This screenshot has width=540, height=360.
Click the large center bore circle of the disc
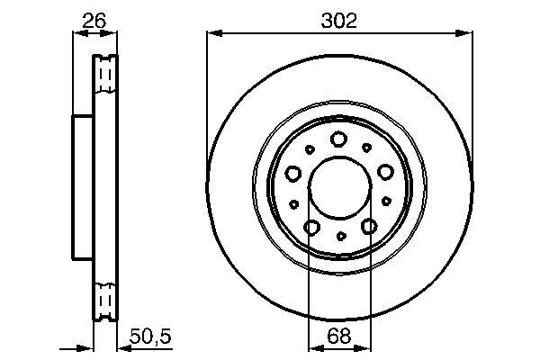coord(339,191)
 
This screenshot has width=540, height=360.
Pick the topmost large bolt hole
coord(339,139)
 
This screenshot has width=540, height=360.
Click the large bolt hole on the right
coord(386,172)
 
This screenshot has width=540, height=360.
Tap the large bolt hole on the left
coord(292,173)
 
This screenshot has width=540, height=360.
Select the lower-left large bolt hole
coord(310,228)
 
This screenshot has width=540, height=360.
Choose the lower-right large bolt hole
coord(369,228)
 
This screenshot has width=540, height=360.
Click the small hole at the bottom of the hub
coord(339,236)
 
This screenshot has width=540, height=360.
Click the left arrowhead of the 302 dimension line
coord(212,34)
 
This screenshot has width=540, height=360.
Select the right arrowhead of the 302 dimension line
coord(467,34)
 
